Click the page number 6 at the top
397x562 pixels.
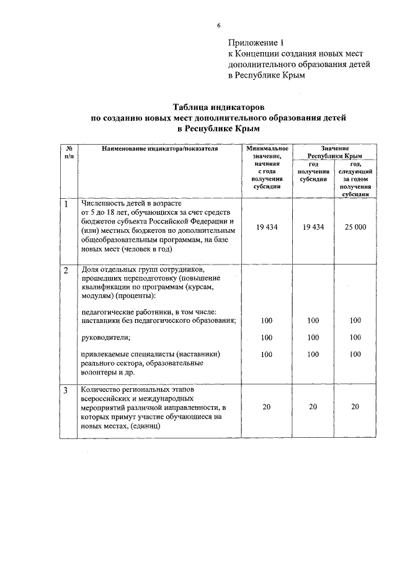[x=218, y=25]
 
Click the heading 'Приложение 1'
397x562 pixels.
[x=256, y=43]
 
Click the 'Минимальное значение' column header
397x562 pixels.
[x=267, y=153]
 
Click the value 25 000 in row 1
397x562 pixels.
[x=355, y=227]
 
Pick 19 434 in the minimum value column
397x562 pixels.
[x=267, y=227]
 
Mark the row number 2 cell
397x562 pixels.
[x=66, y=271]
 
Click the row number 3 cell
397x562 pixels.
[x=66, y=391]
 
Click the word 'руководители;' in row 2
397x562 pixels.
[x=101, y=337]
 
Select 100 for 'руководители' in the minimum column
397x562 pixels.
[x=267, y=338]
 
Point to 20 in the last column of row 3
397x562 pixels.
[x=355, y=406]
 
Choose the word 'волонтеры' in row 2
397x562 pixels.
[x=100, y=373]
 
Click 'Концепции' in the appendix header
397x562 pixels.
[x=256, y=54]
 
